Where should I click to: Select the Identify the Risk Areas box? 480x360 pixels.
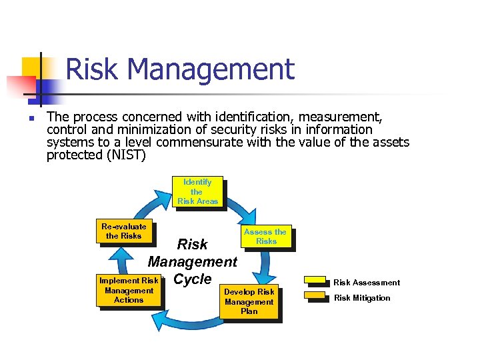point(197,191)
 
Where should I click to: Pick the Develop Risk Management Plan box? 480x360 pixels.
point(249,301)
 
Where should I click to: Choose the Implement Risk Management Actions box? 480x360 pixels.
point(129,290)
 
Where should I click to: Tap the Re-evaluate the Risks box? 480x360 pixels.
point(123,231)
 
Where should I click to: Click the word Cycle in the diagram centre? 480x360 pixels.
point(192,279)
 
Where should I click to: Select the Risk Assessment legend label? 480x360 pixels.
point(367,283)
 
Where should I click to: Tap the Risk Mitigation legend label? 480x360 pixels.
point(362,298)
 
